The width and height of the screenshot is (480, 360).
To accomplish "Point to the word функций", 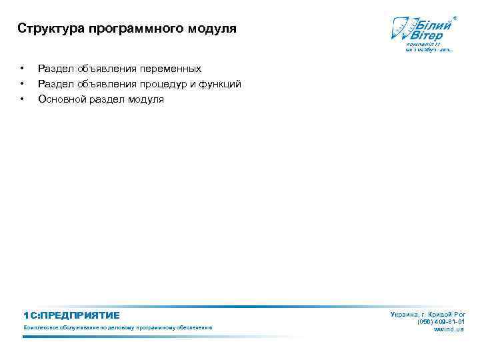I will pyautogui.click(x=220, y=84).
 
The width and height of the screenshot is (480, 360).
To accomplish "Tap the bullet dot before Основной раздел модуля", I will pyautogui.click(x=23, y=99).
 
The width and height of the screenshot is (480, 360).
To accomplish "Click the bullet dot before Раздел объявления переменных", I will pyautogui.click(x=23, y=69).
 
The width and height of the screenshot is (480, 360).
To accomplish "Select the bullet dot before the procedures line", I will pyautogui.click(x=23, y=84).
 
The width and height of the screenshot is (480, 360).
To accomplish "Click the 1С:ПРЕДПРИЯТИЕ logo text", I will pyautogui.click(x=71, y=315).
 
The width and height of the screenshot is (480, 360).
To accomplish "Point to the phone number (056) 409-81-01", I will pyautogui.click(x=441, y=321).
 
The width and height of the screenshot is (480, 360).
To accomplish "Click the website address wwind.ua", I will pyautogui.click(x=449, y=329).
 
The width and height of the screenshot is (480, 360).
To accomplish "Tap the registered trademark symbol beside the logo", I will pyautogui.click(x=455, y=17).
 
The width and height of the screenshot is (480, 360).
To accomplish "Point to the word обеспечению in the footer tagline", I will pyautogui.click(x=193, y=328).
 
